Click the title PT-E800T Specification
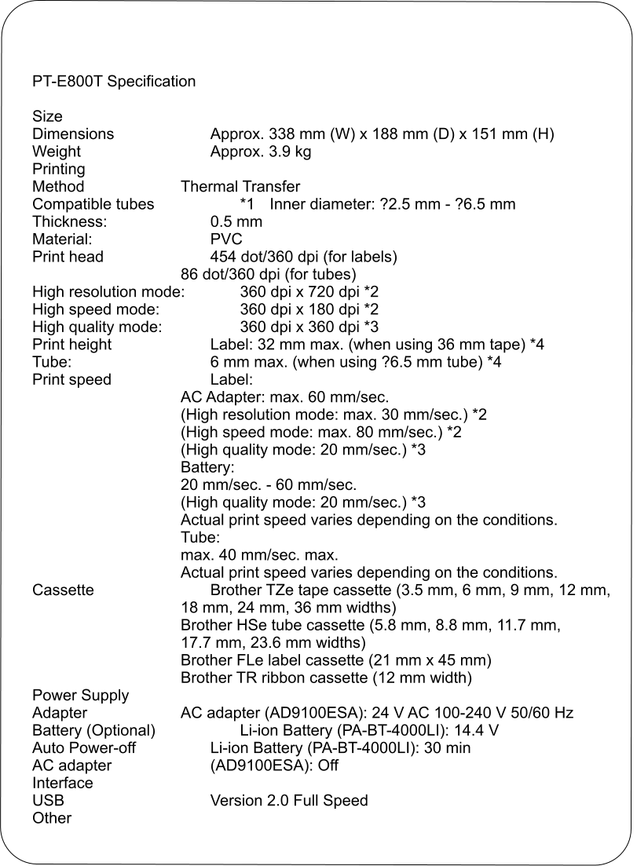point(114,82)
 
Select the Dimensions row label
point(73,134)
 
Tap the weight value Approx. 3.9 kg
point(261,152)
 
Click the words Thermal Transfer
point(240,187)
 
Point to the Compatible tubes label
point(93,204)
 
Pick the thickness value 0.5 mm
point(236,221)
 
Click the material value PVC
point(226,239)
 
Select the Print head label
point(68,257)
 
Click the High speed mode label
point(96,309)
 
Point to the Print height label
point(72,345)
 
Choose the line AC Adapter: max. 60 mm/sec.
point(285,397)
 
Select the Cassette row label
point(63,590)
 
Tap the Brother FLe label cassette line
point(336,660)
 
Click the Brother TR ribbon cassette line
point(326,677)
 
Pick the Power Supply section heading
point(81,696)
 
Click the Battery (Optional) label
point(93,730)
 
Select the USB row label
point(48,801)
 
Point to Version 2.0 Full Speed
point(289,801)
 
